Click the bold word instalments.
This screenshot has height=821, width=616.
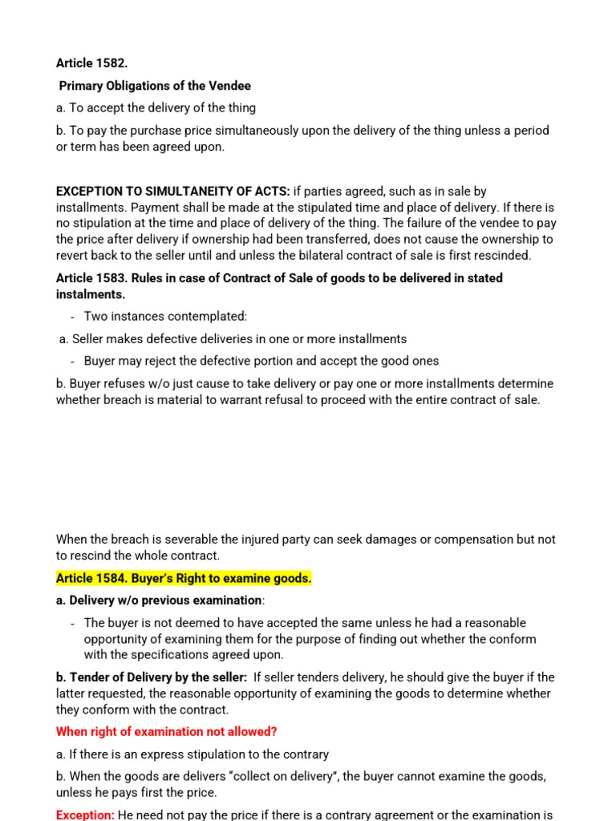click(91, 294)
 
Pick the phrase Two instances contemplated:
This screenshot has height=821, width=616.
click(165, 317)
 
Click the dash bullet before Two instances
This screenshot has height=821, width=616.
click(73, 317)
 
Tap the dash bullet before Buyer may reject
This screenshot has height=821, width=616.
click(73, 361)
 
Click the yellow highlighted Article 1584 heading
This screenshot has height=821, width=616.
click(184, 578)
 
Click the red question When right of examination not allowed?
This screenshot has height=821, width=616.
click(167, 732)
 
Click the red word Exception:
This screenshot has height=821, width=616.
click(85, 815)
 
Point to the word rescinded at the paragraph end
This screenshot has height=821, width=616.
click(501, 256)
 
